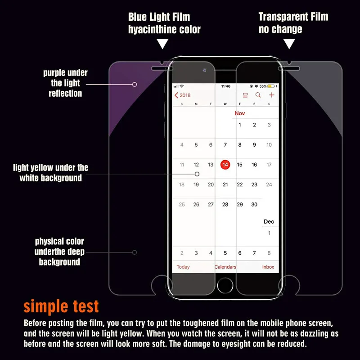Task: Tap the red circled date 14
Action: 225,165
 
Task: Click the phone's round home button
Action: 225,285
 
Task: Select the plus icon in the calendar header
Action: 272,95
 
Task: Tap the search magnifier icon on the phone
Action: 258,95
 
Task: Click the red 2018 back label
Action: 182,95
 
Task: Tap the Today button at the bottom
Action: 183,267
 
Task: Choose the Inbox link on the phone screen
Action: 268,267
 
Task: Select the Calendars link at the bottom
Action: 225,267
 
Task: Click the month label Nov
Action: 240,113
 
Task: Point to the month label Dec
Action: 269,221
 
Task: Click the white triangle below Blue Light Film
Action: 162,44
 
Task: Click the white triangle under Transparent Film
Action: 289,44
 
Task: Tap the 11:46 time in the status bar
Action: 225,86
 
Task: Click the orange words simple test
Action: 61,307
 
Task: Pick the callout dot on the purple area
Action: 134,84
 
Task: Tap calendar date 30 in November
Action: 254,204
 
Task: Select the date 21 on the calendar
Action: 225,184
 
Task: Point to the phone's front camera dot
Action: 204,70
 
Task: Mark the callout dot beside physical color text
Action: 134,252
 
